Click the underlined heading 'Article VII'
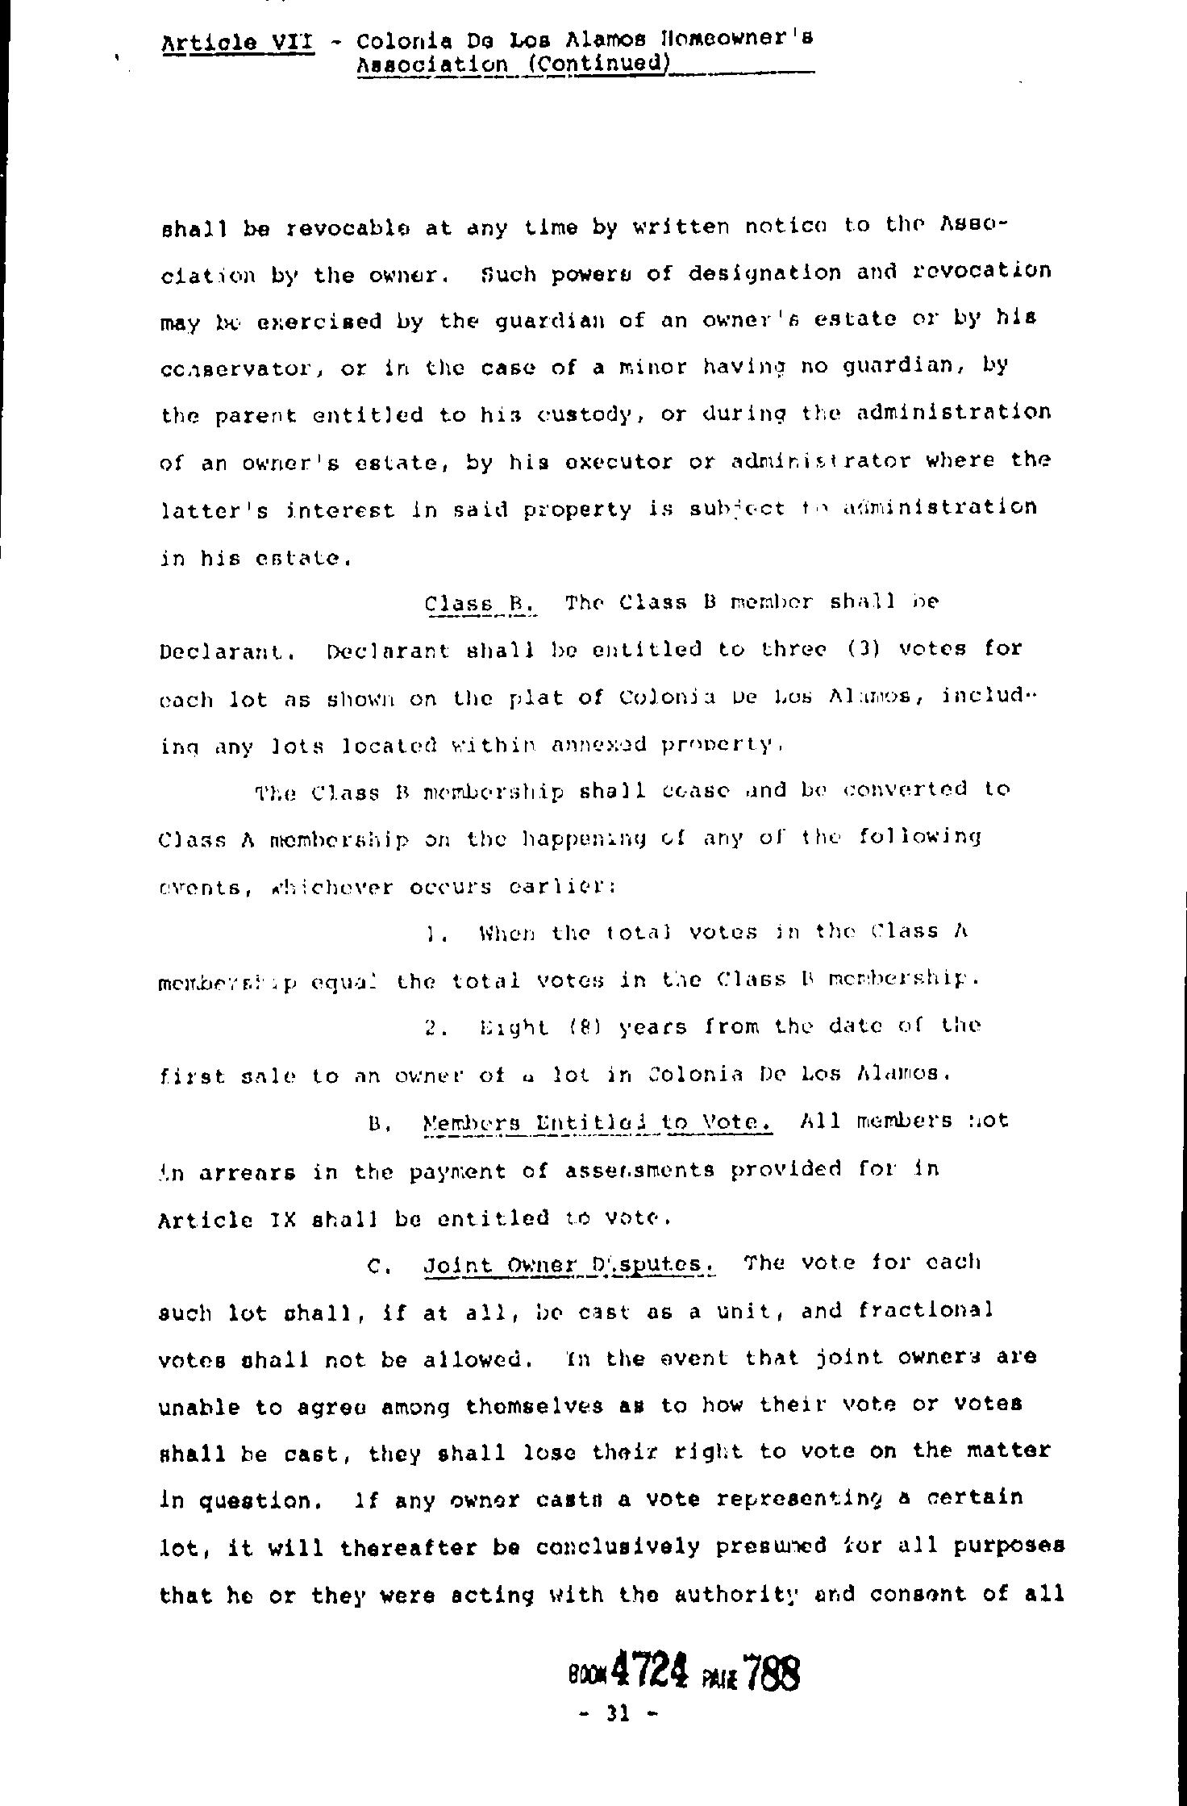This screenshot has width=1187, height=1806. tap(237, 42)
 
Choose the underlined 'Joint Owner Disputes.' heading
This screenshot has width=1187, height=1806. tap(569, 1263)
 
